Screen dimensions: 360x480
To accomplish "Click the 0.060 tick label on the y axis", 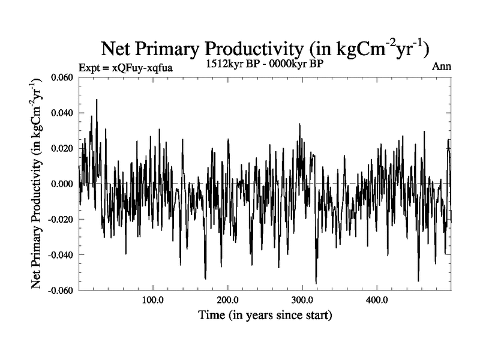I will coord(63,78).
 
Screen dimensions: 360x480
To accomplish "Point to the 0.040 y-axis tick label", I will coord(63,113).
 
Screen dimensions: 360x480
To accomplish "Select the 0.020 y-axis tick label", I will coord(63,149).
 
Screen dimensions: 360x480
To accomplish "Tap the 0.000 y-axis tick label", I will coord(63,184).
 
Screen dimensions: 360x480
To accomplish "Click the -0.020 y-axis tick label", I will coord(61,220).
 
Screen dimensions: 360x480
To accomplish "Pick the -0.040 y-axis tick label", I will coord(61,255).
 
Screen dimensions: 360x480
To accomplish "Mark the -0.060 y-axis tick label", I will coord(61,290).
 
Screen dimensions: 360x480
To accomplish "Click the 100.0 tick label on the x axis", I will coord(153,299).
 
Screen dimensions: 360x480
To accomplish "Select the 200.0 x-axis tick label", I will coord(227,299).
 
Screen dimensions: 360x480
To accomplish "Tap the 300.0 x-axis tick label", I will coord(302,299).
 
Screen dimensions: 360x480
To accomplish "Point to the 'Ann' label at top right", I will coord(441,67).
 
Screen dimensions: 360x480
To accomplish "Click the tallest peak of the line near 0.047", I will coord(96,100).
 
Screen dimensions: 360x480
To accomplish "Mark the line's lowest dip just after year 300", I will coord(316,283).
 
